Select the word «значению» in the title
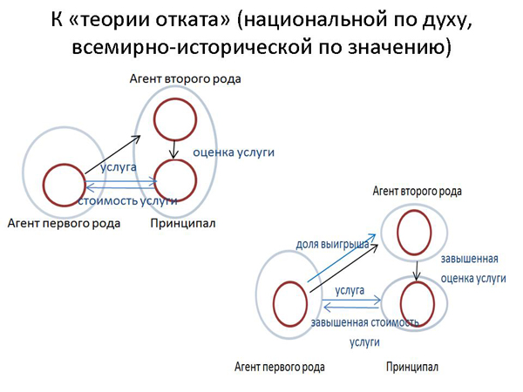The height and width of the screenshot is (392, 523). [x=397, y=47]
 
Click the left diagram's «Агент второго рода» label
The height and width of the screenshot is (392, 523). [x=185, y=79]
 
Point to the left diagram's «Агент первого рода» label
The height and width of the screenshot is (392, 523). [x=64, y=223]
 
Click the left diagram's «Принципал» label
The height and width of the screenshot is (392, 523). [x=183, y=223]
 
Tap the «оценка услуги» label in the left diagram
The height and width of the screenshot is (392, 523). [x=234, y=152]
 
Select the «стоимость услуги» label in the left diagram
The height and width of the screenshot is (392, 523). [x=127, y=201]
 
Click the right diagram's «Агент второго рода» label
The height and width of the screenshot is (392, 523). [x=417, y=192]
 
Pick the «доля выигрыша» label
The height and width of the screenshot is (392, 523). [x=333, y=244]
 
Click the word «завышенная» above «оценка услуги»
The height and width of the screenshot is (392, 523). [x=469, y=259]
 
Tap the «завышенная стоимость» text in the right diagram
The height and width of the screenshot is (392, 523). [x=364, y=322]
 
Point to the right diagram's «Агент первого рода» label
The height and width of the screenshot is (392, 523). [x=280, y=367]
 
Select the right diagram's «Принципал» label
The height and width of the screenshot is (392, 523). [x=412, y=367]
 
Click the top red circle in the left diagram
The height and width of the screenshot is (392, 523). [x=175, y=98]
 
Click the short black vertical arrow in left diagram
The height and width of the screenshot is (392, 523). [x=173, y=150]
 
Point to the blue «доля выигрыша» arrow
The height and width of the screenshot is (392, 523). [x=342, y=258]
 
